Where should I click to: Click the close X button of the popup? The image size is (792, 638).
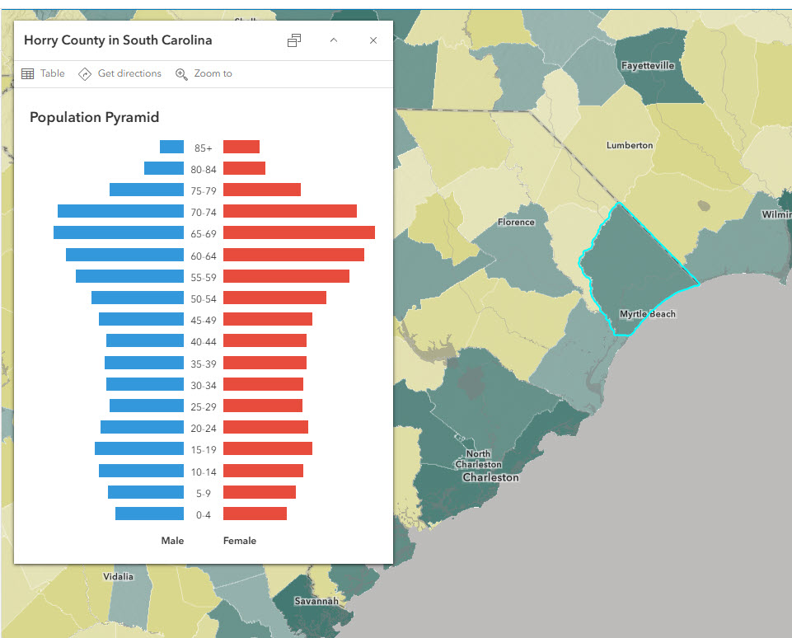pyautogui.click(x=373, y=40)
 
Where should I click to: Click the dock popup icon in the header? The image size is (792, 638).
pyautogui.click(x=294, y=40)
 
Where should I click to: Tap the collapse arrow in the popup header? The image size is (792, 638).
pyautogui.click(x=334, y=40)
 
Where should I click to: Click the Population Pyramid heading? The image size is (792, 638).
pyautogui.click(x=94, y=117)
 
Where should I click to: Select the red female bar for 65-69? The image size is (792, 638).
pyautogui.click(x=298, y=232)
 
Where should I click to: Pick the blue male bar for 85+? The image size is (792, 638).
pyautogui.click(x=171, y=147)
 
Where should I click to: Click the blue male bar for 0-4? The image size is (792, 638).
pyautogui.click(x=149, y=514)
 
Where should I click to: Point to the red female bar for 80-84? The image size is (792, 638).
pyautogui.click(x=244, y=168)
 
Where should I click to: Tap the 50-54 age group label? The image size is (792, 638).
pyautogui.click(x=204, y=298)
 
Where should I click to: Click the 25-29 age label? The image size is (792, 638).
pyautogui.click(x=204, y=406)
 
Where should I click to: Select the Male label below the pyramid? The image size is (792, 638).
pyautogui.click(x=172, y=541)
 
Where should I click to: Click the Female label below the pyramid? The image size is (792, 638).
pyautogui.click(x=240, y=541)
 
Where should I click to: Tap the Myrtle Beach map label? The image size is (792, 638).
pyautogui.click(x=647, y=314)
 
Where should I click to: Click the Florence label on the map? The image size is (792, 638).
pyautogui.click(x=516, y=222)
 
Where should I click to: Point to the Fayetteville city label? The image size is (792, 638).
pyautogui.click(x=648, y=65)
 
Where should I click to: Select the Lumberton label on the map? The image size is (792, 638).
pyautogui.click(x=630, y=145)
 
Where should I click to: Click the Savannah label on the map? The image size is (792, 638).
pyautogui.click(x=316, y=601)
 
